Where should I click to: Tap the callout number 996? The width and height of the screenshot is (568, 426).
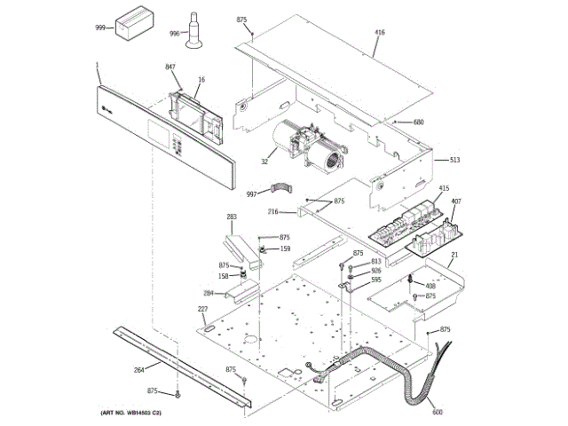(175, 33)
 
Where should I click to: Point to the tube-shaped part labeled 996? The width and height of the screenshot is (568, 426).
(192, 28)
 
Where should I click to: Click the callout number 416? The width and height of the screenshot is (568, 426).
(380, 33)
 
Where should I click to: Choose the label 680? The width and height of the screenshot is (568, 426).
(419, 122)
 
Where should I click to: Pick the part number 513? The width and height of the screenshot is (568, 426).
(454, 160)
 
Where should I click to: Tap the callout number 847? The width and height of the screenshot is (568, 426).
(170, 67)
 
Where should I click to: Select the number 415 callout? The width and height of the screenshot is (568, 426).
(444, 188)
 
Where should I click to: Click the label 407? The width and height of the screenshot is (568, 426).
(456, 202)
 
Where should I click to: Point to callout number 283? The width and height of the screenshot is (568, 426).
(232, 217)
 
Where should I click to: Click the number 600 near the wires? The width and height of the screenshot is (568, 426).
(437, 410)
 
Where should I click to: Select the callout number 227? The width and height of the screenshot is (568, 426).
(202, 309)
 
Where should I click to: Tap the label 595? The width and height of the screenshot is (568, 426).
(376, 280)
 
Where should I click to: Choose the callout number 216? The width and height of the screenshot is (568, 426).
(274, 212)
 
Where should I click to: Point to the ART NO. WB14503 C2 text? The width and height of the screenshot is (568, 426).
(125, 414)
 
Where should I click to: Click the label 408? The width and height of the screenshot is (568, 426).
(430, 286)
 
